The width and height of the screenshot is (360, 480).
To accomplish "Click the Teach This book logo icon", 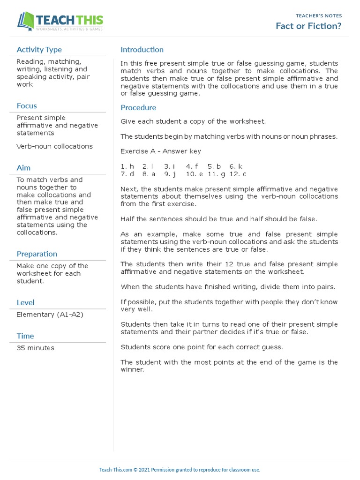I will tap(26, 22).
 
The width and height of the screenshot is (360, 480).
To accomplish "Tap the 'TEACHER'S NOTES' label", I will tap(319, 16).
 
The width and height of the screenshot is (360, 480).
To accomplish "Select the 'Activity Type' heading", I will tap(39, 50).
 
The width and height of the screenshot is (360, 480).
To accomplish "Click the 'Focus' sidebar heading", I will tap(26, 106).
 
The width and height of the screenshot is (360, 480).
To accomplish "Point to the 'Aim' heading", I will tap(23, 168).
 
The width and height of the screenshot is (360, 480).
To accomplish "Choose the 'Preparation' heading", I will tap(37, 254).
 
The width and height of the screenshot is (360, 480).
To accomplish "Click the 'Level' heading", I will tap(25, 303).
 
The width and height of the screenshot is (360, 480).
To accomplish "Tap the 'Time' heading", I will tap(25, 336).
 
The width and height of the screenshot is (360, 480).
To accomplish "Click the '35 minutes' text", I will tap(35, 348).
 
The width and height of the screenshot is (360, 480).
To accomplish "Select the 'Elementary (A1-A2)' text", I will tap(50, 315).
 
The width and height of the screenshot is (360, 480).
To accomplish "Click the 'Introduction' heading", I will tap(142, 50).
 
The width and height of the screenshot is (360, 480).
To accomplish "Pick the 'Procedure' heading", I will tap(138, 108).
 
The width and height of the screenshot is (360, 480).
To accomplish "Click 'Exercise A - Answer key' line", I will tap(161, 151).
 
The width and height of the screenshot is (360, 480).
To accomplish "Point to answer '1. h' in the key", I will tap(127, 166).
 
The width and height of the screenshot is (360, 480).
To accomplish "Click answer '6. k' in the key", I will tap(236, 166).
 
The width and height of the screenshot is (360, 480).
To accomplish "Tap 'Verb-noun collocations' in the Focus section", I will tap(54, 146).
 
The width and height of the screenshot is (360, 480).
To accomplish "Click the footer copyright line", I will tap(180, 470).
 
